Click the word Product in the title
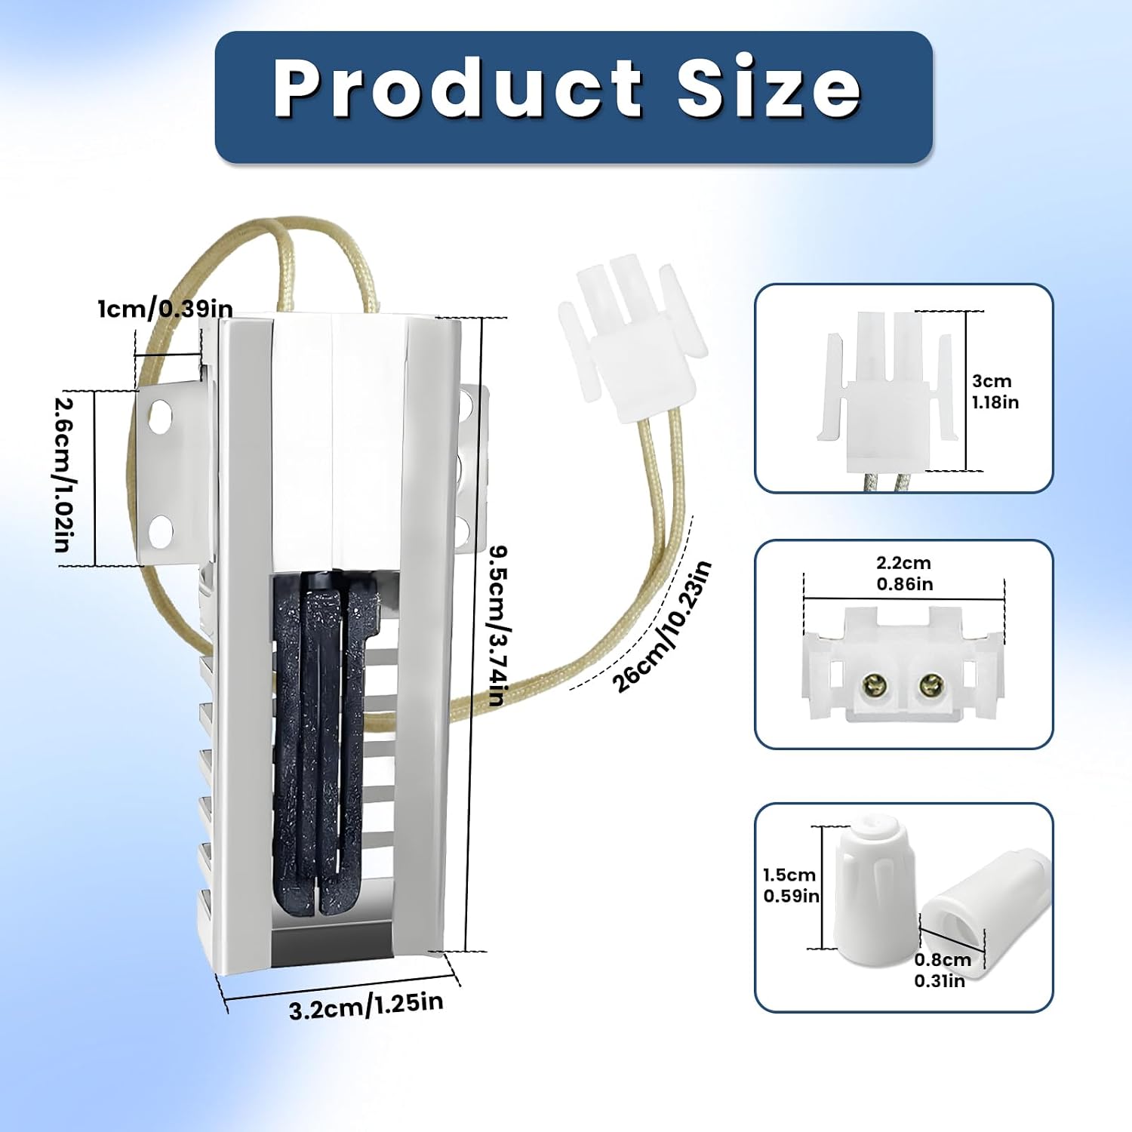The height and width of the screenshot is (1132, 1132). tap(458, 88)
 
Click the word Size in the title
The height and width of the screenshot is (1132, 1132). tap(769, 88)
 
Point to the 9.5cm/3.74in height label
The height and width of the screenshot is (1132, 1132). tap(497, 626)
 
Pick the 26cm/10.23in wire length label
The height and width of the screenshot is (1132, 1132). tap(662, 627)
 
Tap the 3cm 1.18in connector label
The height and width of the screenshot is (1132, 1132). tap(995, 392)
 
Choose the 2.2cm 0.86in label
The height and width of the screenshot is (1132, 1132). tap(904, 574)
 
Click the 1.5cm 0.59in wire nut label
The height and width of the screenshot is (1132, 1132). tap(791, 885)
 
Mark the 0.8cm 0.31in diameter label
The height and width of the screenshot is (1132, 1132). tap(942, 971)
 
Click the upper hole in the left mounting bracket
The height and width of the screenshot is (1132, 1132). tap(161, 417)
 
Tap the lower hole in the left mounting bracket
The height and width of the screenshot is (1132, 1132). tap(160, 531)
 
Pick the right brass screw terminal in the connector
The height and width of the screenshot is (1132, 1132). tap(929, 685)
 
